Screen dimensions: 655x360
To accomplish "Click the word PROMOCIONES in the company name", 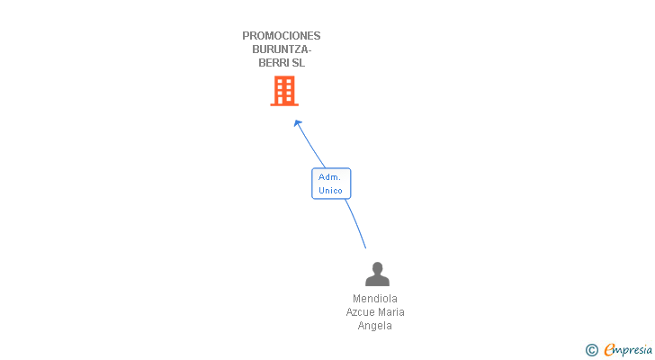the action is click(x=281, y=36).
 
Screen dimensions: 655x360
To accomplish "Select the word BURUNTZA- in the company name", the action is click(x=282, y=49).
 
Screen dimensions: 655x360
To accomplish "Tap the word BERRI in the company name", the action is click(x=274, y=63).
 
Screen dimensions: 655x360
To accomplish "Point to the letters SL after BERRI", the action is click(x=299, y=63).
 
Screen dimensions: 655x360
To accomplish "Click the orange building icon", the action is click(x=284, y=91).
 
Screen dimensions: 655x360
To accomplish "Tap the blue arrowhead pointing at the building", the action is click(x=298, y=123).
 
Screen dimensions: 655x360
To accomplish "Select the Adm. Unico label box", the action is click(x=331, y=184).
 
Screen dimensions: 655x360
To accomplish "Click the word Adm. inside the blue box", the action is click(x=329, y=177).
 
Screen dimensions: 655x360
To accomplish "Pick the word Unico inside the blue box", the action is click(x=330, y=191).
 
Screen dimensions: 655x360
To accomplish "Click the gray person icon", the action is click(x=377, y=274).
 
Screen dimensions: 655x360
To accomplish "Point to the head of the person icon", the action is click(x=377, y=267).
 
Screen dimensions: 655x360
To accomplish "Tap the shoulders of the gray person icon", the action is click(x=377, y=281).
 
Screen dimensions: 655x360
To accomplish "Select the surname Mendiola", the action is click(x=375, y=299).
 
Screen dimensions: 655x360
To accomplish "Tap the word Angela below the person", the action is click(x=374, y=325).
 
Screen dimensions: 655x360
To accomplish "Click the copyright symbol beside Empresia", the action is click(x=592, y=350).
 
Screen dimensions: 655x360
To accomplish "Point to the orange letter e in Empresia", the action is click(x=609, y=349).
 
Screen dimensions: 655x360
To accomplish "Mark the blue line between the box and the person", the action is click(x=356, y=223).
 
